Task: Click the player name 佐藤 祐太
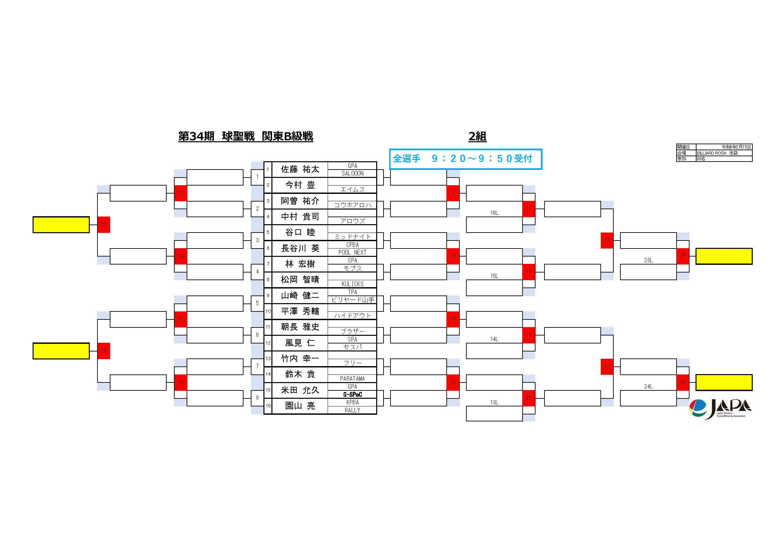(300, 169)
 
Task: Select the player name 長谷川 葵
(300, 249)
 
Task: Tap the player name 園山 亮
(300, 406)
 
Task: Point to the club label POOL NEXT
(352, 253)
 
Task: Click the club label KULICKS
(352, 284)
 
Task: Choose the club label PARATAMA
(352, 379)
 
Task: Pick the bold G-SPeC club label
(352, 394)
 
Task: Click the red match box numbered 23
(104, 224)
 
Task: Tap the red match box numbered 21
(607, 240)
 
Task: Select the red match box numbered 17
(529, 209)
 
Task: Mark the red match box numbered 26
(683, 382)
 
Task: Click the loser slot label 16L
(494, 213)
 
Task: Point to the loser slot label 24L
(648, 386)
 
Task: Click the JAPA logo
(720, 409)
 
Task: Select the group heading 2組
(477, 136)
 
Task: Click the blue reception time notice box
(465, 159)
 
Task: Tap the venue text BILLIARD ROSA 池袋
(717, 153)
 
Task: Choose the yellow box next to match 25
(724, 256)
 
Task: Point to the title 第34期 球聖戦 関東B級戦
(246, 136)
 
